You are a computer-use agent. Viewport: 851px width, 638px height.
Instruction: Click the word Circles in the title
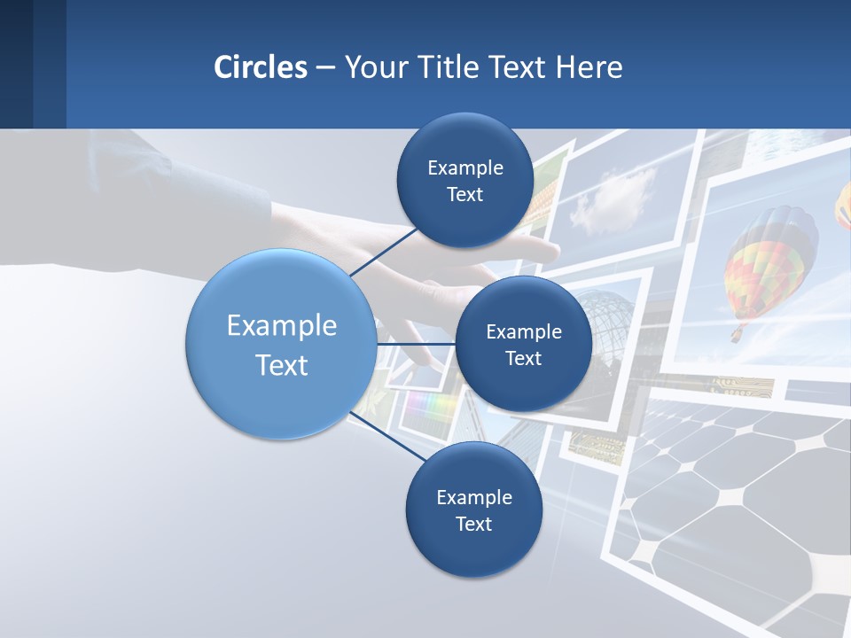pyautogui.click(x=261, y=67)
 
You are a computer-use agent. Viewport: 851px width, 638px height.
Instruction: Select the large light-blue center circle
pyautogui.click(x=281, y=344)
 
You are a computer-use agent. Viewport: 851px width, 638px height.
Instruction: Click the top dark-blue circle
pyautogui.click(x=465, y=181)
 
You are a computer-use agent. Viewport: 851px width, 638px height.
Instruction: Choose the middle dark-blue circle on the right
pyautogui.click(x=523, y=344)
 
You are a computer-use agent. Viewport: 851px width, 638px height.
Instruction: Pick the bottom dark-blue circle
pyautogui.click(x=473, y=510)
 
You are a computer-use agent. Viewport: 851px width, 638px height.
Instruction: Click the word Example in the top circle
pyautogui.click(x=465, y=168)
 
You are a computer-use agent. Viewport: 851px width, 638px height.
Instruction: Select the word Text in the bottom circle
pyautogui.click(x=473, y=524)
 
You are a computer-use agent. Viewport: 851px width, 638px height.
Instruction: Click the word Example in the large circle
pyautogui.click(x=281, y=326)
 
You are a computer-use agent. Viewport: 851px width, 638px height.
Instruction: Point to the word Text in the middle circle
pyautogui.click(x=523, y=358)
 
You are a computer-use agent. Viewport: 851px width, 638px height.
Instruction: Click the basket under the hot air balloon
pyautogui.click(x=737, y=335)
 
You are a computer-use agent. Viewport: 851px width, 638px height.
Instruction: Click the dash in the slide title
pyautogui.click(x=325, y=67)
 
